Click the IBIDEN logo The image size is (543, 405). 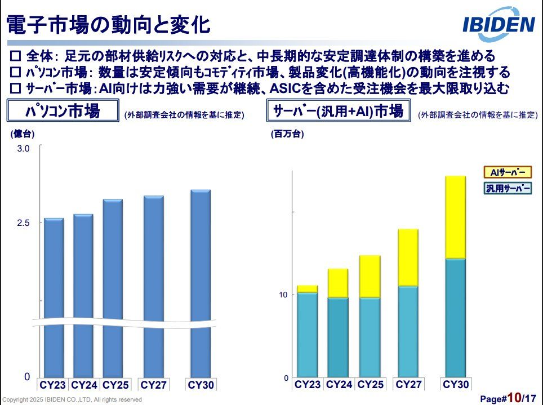click(x=498, y=24)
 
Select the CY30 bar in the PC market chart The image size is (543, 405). click(x=200, y=282)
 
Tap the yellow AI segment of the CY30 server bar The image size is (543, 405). click(x=455, y=217)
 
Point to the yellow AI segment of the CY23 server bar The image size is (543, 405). click(x=307, y=289)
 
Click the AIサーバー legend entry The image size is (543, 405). click(x=508, y=172)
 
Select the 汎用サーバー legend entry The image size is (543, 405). click(x=508, y=188)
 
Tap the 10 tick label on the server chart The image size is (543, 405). click(x=283, y=295)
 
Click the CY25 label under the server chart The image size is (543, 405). click(x=370, y=385)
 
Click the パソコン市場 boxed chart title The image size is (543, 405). click(x=63, y=111)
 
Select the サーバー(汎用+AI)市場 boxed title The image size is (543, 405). click(x=338, y=111)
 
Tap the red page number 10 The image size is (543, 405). click(x=514, y=398)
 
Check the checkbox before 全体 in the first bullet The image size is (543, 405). click(x=16, y=56)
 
